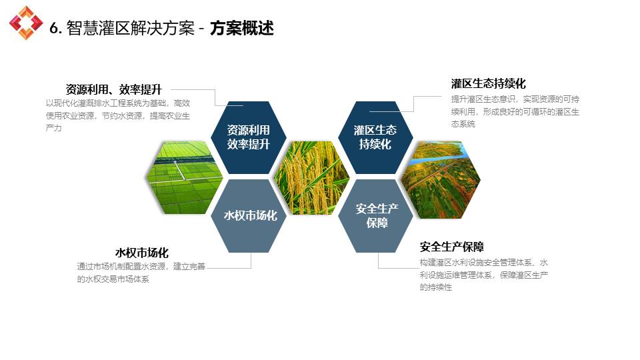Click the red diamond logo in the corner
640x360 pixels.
pyautogui.click(x=26, y=23)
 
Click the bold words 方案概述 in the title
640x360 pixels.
pyautogui.click(x=241, y=28)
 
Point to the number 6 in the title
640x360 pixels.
pyautogui.click(x=54, y=28)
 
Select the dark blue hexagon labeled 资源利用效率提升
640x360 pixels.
pyautogui.click(x=248, y=137)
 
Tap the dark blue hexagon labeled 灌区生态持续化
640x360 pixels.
pyautogui.click(x=375, y=137)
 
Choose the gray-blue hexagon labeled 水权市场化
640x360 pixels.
pyautogui.click(x=249, y=215)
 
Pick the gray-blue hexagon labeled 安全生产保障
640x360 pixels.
pyautogui.click(x=376, y=215)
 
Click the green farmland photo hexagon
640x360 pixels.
pyautogui.click(x=185, y=177)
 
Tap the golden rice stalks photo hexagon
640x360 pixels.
pyautogui.click(x=312, y=177)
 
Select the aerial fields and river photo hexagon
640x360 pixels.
pyautogui.click(x=441, y=179)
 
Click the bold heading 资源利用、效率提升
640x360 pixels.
pyautogui.click(x=114, y=89)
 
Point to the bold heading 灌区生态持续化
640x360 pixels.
pyautogui.click(x=488, y=84)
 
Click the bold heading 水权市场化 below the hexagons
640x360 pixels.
pyautogui.click(x=141, y=253)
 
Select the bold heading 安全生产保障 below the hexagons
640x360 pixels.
pyautogui.click(x=452, y=247)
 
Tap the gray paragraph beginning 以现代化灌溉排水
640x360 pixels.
pyautogui.click(x=118, y=115)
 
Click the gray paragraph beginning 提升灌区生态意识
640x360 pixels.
pyautogui.click(x=515, y=111)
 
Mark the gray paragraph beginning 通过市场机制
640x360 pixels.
pyautogui.click(x=141, y=273)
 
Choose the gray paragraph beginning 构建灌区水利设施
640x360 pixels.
pyautogui.click(x=484, y=275)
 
